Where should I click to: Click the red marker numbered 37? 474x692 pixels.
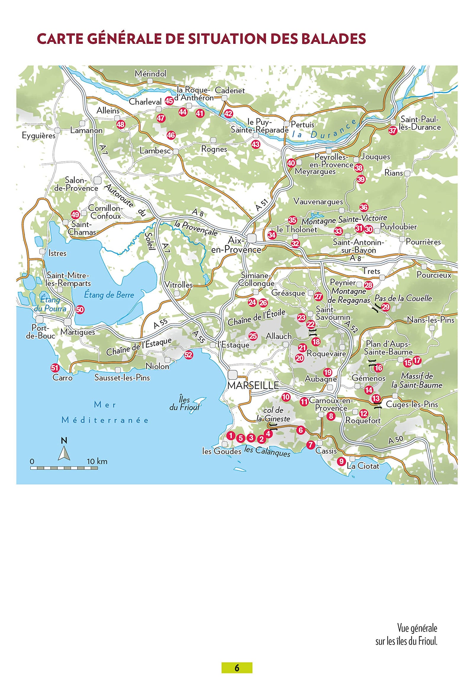(x=393, y=131)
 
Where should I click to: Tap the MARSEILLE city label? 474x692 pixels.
(x=253, y=386)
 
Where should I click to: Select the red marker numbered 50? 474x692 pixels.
(x=80, y=310)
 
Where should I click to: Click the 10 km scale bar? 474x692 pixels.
(x=64, y=468)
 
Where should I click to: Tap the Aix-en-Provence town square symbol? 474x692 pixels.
(x=252, y=238)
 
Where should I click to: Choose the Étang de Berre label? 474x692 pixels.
(x=109, y=295)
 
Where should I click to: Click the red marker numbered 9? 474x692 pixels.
(x=341, y=462)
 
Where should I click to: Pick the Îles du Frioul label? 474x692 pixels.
(x=184, y=403)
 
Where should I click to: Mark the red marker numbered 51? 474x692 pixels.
(x=55, y=368)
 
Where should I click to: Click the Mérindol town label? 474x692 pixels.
(x=150, y=73)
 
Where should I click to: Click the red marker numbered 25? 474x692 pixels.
(x=253, y=336)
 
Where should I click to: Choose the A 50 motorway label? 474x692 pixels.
(x=395, y=440)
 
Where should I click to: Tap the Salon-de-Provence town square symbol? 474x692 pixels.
(x=98, y=181)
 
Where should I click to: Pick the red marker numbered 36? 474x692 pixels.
(x=364, y=207)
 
